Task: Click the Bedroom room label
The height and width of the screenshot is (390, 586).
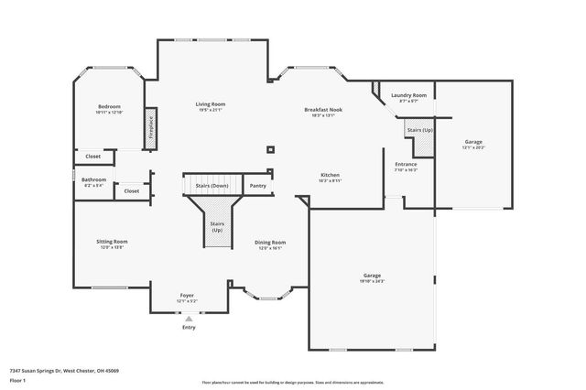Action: point(110,106)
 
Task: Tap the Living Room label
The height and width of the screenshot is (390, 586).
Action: point(210,103)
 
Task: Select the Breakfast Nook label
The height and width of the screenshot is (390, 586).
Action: point(323,109)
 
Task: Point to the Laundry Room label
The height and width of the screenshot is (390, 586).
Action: point(408,95)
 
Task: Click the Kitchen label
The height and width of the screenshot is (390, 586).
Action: point(331,175)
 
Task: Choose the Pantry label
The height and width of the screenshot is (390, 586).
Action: point(258,186)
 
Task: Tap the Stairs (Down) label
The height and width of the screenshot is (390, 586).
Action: point(212,186)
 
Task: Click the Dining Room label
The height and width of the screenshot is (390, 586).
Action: point(270,242)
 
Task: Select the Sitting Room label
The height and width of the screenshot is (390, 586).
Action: point(112,242)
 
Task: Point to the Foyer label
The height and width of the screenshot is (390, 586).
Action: point(187,295)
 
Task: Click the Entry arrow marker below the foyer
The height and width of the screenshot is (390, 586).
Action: point(189,319)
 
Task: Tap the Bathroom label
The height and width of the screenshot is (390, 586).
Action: point(93,179)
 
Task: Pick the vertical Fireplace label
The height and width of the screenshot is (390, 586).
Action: point(149,125)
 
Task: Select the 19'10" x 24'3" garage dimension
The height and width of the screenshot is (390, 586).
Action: point(373,280)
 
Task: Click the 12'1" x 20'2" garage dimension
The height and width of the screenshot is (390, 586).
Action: point(473,147)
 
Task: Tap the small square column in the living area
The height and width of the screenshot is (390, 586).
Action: point(270,149)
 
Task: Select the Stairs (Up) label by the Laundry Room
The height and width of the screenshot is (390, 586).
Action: point(420,130)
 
